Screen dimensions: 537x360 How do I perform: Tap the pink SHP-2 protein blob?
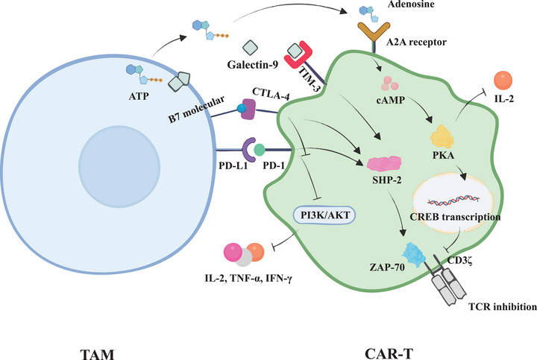tap(384, 163)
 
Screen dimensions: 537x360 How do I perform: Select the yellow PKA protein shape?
tap(442, 137)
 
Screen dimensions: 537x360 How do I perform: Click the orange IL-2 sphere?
tap(503, 80)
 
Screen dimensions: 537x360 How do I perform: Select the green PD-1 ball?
tap(260, 150)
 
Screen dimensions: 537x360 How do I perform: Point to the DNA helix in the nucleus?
tap(453, 200)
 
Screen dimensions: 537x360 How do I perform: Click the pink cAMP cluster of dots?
tap(390, 83)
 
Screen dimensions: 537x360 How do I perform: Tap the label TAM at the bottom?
tap(97, 354)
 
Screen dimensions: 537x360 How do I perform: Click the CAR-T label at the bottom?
tap(389, 353)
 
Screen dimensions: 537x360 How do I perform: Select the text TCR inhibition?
tap(503, 306)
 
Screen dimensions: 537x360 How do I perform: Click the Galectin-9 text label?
tap(252, 64)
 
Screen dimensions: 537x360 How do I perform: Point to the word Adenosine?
tap(411, 4)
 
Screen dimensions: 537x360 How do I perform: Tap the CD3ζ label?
tap(460, 260)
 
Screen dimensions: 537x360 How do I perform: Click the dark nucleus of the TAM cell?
tap(119, 166)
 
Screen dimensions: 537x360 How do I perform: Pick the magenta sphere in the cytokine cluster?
tap(233, 252)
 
